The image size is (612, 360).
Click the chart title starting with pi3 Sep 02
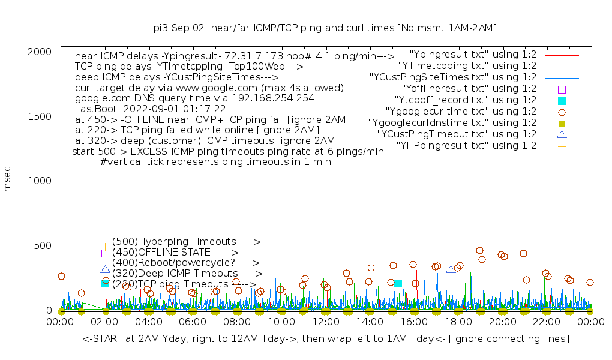(325, 28)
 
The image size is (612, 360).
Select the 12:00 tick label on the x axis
(325, 322)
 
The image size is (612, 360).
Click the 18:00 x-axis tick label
(458, 322)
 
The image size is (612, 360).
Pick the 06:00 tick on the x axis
(193, 322)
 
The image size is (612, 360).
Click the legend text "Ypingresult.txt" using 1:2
(473, 55)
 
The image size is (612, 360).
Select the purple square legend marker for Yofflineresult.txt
(562, 89)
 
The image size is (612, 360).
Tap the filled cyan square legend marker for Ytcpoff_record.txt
(562, 101)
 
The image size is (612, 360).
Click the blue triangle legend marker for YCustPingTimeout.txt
(562, 135)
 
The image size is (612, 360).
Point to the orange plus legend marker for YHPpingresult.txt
(562, 146)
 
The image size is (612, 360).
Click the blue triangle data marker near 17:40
(451, 269)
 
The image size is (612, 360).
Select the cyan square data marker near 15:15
(398, 283)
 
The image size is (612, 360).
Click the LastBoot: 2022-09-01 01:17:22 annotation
(150, 109)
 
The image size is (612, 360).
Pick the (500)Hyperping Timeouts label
(186, 242)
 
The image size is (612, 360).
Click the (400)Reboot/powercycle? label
(185, 263)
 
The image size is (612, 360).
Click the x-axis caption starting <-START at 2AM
(325, 339)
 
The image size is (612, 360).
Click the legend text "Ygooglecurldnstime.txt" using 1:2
(452, 123)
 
